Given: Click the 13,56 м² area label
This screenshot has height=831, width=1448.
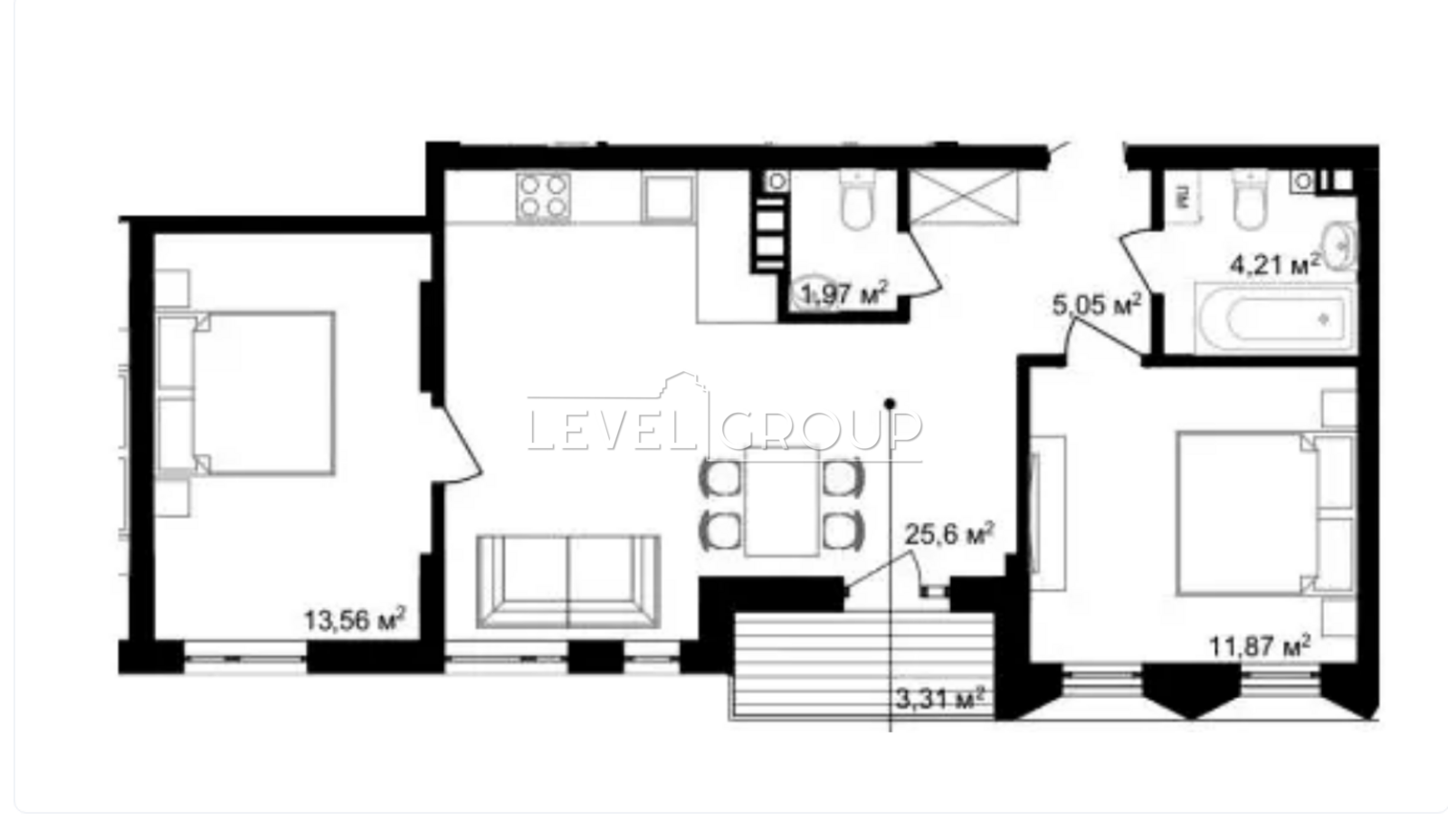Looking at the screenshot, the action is (x=355, y=620).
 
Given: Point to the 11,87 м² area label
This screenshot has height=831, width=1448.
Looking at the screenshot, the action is (x=1260, y=645).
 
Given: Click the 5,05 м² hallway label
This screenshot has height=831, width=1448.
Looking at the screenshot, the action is (x=1096, y=304).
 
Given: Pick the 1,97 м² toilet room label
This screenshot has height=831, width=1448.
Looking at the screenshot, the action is (x=844, y=294).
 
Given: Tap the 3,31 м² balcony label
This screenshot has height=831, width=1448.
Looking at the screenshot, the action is (x=940, y=699).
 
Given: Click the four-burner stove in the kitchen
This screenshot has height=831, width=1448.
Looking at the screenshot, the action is (x=543, y=196).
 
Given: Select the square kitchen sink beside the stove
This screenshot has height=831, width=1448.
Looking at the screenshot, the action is (x=668, y=197).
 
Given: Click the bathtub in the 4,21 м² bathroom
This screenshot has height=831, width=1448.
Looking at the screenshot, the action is (x=1276, y=319).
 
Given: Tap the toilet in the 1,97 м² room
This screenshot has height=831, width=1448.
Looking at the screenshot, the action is (x=857, y=198).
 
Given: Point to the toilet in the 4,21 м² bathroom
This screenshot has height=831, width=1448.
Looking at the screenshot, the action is (x=1250, y=198).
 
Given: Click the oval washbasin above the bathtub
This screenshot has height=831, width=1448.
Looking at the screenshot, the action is (x=1341, y=246).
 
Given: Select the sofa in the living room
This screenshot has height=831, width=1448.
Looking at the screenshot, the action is (x=568, y=581).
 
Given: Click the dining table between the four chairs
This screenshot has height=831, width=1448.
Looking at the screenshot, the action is (x=782, y=501).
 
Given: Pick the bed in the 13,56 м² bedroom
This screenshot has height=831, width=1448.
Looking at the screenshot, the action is (x=246, y=394).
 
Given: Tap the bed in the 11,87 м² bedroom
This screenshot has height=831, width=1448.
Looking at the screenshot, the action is (x=1265, y=513).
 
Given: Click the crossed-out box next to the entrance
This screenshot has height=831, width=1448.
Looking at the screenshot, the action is (x=964, y=196).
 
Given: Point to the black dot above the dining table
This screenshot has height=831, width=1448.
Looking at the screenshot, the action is (x=891, y=404).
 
